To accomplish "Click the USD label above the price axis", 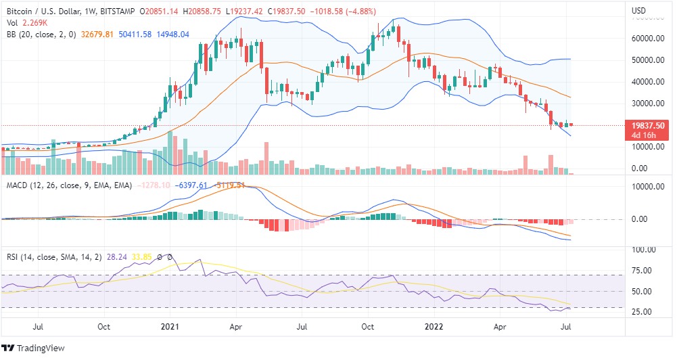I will (x=639, y=11).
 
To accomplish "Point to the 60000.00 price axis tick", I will (x=647, y=39).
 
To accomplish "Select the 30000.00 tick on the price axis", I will (x=647, y=104).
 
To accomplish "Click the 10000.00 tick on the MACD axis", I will (x=647, y=187).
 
